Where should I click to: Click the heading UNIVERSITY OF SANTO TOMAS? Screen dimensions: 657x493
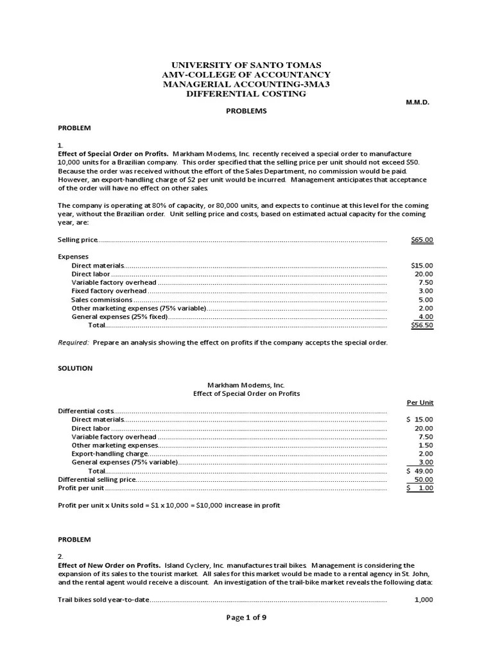pyautogui.click(x=246, y=65)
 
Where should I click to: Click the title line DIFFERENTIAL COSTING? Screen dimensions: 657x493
pyautogui.click(x=246, y=94)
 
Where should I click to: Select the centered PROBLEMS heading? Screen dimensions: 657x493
pyautogui.click(x=246, y=111)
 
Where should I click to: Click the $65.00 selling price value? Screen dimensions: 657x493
pyautogui.click(x=422, y=240)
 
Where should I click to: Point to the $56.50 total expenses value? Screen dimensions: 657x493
pyautogui.click(x=422, y=325)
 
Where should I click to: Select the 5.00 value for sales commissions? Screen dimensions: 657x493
pyautogui.click(x=426, y=300)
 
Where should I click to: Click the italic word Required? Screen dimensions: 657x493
pyautogui.click(x=73, y=343)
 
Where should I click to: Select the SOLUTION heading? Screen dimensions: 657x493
pyautogui.click(x=75, y=368)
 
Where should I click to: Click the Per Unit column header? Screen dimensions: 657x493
pyautogui.click(x=420, y=402)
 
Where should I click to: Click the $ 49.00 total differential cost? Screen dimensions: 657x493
pyautogui.click(x=420, y=471)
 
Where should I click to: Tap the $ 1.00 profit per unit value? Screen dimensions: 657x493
pyautogui.click(x=420, y=488)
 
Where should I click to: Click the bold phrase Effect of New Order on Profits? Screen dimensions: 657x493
pyautogui.click(x=109, y=565)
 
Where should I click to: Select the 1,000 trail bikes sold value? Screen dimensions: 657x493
pyautogui.click(x=423, y=600)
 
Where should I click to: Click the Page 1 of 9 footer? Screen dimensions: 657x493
pyautogui.click(x=246, y=635)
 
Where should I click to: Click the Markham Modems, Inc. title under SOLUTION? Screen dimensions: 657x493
pyautogui.click(x=246, y=385)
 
